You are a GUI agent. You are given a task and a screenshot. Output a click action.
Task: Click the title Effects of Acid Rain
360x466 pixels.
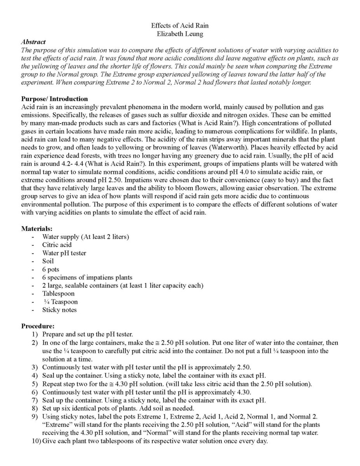pos(180,26)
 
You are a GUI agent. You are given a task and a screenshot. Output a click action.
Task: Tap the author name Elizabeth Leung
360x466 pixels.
pos(180,34)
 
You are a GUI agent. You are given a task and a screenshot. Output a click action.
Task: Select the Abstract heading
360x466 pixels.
pos(33,42)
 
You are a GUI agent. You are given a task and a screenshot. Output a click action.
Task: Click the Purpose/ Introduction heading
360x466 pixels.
pos(54,99)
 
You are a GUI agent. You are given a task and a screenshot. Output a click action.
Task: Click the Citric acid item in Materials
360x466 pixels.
pos(57,245)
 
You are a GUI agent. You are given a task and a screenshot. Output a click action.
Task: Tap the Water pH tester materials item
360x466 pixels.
pos(64,253)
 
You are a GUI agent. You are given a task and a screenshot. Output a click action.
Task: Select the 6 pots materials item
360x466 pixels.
pos(51,269)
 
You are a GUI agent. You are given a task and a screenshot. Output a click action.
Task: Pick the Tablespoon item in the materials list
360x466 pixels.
pos(59,294)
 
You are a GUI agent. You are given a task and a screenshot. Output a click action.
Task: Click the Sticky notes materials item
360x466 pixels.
pos(59,310)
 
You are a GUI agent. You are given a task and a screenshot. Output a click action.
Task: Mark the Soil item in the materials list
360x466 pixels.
pos(48,261)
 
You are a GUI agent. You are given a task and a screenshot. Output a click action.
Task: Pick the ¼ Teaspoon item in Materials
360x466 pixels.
pos(61,302)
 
